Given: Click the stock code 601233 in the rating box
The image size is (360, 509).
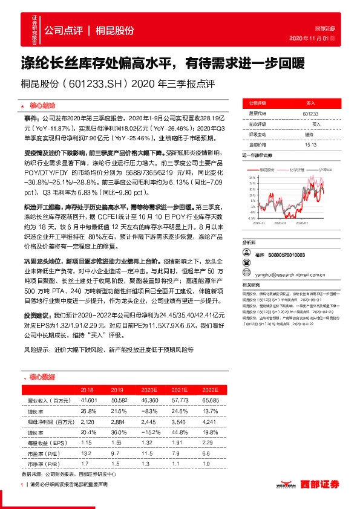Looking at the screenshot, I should [310, 113].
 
